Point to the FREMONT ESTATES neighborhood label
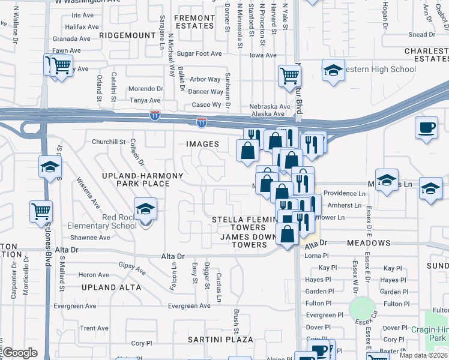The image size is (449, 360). pyautogui.click(x=194, y=22)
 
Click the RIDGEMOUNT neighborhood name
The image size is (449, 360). pyautogui.click(x=127, y=36)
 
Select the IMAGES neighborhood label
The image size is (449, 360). pyautogui.click(x=202, y=144)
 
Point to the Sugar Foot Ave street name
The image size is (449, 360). pyautogui.click(x=195, y=53)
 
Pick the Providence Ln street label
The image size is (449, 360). pyautogui.click(x=345, y=194)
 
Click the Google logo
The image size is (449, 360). pyautogui.click(x=20, y=353)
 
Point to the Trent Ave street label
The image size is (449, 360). pyautogui.click(x=94, y=328)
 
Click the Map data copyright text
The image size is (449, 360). pyautogui.click(x=424, y=353)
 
